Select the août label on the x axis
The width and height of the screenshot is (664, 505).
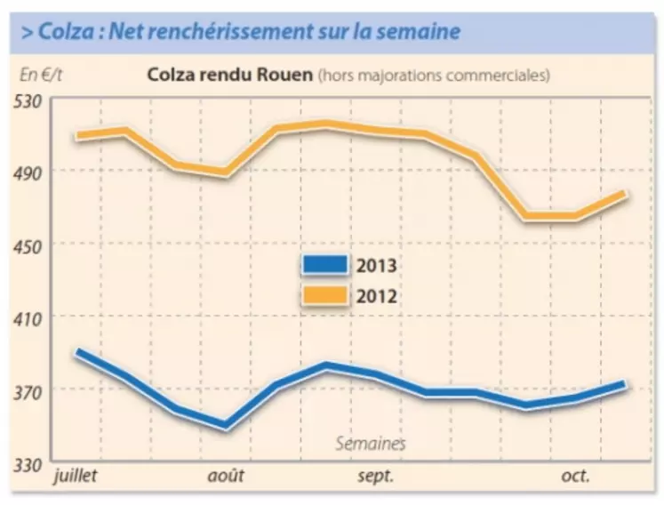pyautogui.click(x=226, y=476)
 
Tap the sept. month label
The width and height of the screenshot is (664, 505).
pyautogui.click(x=377, y=476)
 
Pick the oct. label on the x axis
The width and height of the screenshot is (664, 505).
pyautogui.click(x=575, y=476)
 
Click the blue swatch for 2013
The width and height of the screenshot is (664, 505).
pyautogui.click(x=325, y=264)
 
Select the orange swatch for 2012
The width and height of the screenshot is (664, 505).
pyautogui.click(x=325, y=295)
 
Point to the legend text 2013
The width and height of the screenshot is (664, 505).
pyautogui.click(x=376, y=265)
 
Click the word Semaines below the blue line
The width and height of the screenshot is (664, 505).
pyautogui.click(x=371, y=443)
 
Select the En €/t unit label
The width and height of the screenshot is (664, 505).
pyautogui.click(x=39, y=75)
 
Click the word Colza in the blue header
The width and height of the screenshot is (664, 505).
pyautogui.click(x=63, y=32)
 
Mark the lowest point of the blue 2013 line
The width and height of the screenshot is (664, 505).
pyautogui.click(x=226, y=426)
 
